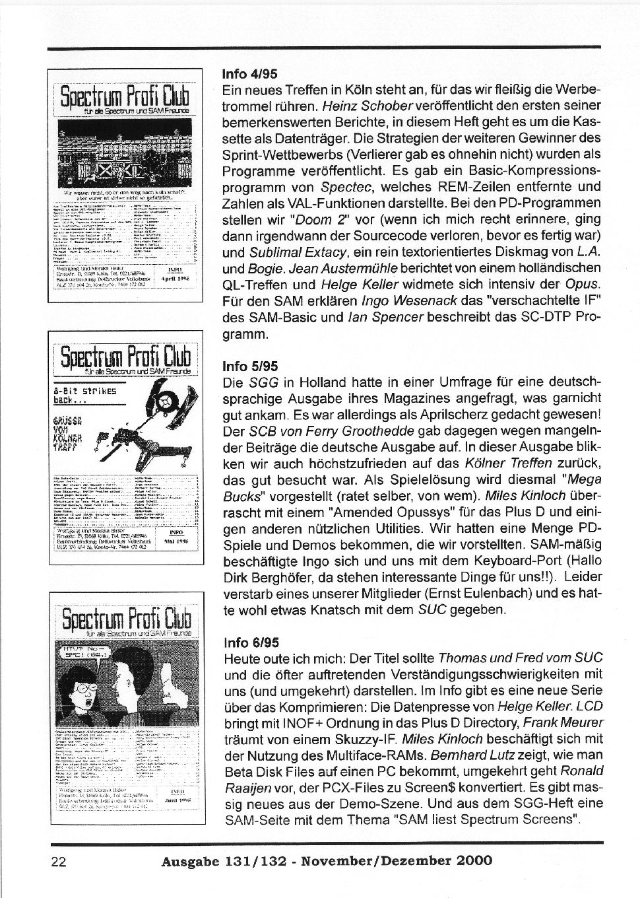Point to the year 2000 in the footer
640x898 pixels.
(474, 860)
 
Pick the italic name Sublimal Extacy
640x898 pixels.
(294, 252)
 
